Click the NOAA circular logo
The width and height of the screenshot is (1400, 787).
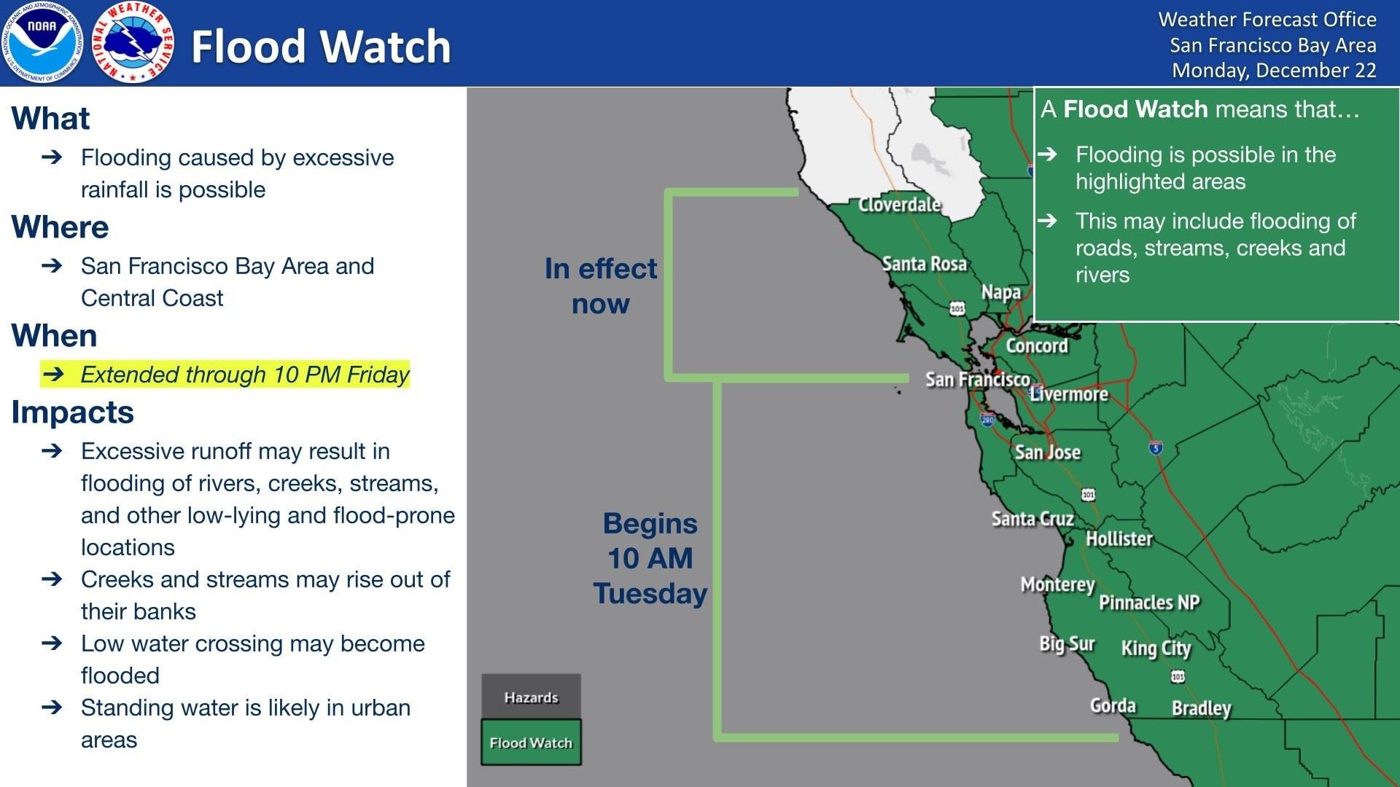pos(42,42)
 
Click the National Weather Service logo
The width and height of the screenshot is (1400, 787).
pos(133,42)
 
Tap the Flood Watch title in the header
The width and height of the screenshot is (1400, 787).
pos(321,47)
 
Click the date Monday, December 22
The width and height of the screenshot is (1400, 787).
pos(1273,71)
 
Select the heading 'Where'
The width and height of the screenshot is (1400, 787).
pos(60,227)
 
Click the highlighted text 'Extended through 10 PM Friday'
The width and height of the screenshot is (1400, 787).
pos(244,375)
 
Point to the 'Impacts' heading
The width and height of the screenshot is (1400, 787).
pos(72,412)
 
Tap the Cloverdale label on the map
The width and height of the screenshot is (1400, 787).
pos(899,205)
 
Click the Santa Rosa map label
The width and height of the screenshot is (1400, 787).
pos(924,264)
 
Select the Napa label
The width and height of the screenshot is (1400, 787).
pos(1000,292)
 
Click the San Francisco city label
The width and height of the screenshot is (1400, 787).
pos(977,380)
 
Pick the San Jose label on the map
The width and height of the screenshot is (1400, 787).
pos(1047,453)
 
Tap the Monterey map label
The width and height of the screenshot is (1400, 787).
pos(1057,584)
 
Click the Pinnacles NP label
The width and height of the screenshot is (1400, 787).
pos(1149,603)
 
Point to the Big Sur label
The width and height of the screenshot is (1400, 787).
pos(1067,644)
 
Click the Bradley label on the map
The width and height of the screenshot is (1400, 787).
pos(1201,708)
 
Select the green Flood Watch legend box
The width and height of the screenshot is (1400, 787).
pos(531,743)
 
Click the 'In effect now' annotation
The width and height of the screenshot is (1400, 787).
pos(600,286)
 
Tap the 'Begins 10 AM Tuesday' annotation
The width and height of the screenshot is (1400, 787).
pos(650,558)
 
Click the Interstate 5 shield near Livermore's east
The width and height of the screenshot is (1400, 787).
pos(1156,447)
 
